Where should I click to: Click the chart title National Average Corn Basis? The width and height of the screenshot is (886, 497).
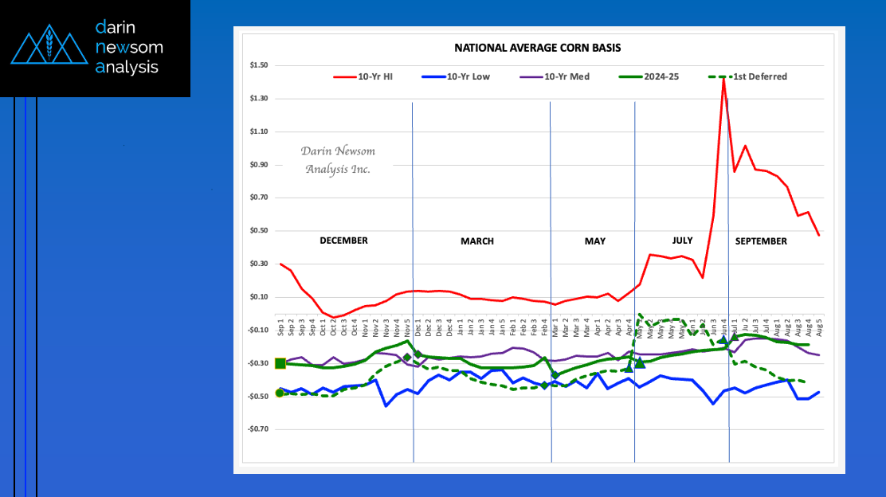(537, 48)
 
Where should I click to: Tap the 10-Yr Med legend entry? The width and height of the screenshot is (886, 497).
(566, 76)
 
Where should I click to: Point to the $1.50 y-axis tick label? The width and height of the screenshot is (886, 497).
(258, 65)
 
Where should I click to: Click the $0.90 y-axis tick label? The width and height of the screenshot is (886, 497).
(258, 165)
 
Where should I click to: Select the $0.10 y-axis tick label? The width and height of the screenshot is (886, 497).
(258, 297)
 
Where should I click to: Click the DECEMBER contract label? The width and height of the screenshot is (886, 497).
(343, 241)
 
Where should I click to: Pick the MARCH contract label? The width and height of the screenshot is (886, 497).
(477, 241)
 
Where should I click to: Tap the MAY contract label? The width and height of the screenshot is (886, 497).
(595, 241)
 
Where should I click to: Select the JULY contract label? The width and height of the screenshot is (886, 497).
(682, 240)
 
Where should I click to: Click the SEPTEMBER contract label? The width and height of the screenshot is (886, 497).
(761, 241)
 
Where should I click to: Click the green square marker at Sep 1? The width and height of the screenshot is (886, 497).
(280, 363)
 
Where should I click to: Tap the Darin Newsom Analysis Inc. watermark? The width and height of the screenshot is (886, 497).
(338, 160)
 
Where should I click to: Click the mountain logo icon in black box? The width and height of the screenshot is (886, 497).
(49, 48)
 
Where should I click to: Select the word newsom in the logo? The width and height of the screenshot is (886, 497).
(129, 47)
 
